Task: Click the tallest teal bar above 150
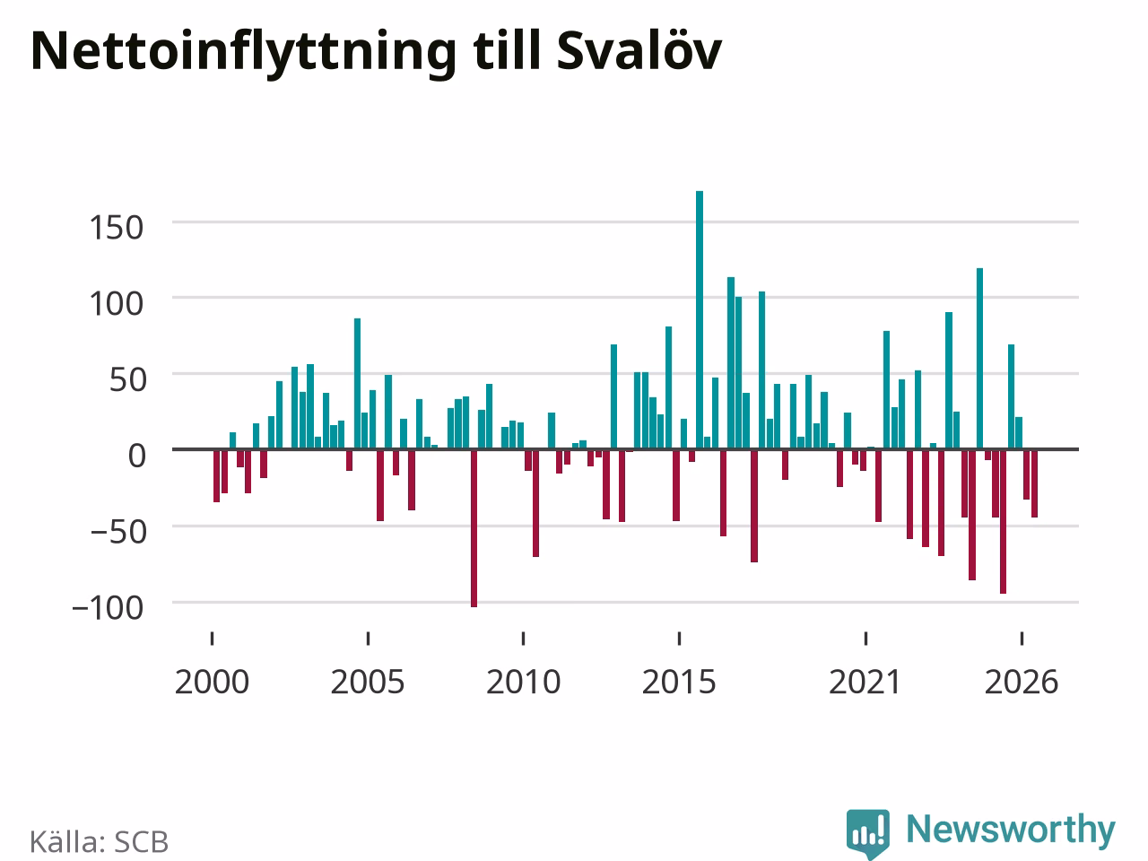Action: tap(700, 320)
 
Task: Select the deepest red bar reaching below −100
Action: tap(474, 528)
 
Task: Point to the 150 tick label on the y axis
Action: tap(116, 228)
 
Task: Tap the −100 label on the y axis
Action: tap(108, 608)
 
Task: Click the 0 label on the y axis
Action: tap(136, 456)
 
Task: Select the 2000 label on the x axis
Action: tap(212, 683)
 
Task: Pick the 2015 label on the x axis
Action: tap(679, 683)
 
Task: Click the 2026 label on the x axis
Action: tap(1022, 683)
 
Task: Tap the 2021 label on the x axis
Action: tap(865, 683)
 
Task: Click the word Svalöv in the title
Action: tap(639, 51)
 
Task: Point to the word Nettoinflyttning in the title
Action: tap(243, 55)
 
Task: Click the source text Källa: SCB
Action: tap(99, 841)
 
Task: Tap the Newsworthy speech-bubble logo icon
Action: tap(867, 833)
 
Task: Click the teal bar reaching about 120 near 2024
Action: tap(979, 359)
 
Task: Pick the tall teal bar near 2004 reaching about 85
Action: tap(357, 384)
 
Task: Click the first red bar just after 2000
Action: tap(216, 475)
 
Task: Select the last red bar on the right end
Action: tap(1034, 483)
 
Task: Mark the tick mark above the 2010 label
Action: tap(524, 639)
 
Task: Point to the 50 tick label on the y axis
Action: tap(127, 380)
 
